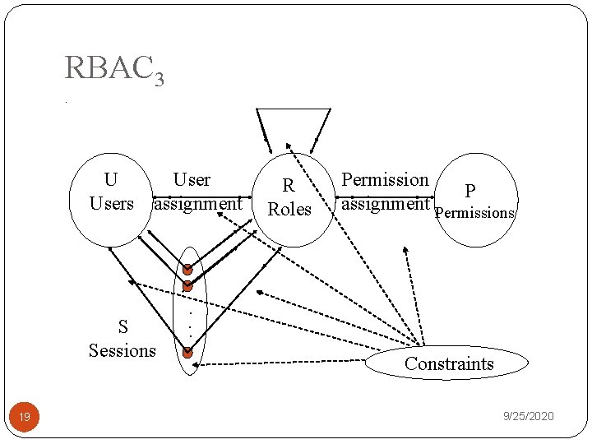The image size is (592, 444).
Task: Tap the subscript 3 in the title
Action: coord(158,79)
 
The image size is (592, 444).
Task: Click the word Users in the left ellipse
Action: coord(111,203)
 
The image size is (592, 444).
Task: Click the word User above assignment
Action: coord(192,180)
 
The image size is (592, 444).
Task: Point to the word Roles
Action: coord(289,210)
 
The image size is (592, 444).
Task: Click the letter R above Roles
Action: coord(289,187)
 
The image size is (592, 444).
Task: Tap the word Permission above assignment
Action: coord(385,179)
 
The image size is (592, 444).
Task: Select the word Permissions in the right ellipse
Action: coord(474,213)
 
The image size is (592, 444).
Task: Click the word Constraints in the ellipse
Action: coord(449,364)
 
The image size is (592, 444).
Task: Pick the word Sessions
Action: coord(122,351)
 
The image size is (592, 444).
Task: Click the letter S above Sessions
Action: coord(123,327)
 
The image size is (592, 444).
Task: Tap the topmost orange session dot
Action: coord(187,269)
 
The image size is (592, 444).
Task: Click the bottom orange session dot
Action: coord(187,353)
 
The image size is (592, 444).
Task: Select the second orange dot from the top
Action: coord(187,286)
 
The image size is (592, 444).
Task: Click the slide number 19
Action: coord(25,418)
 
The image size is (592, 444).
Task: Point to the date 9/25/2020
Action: coord(529,417)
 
